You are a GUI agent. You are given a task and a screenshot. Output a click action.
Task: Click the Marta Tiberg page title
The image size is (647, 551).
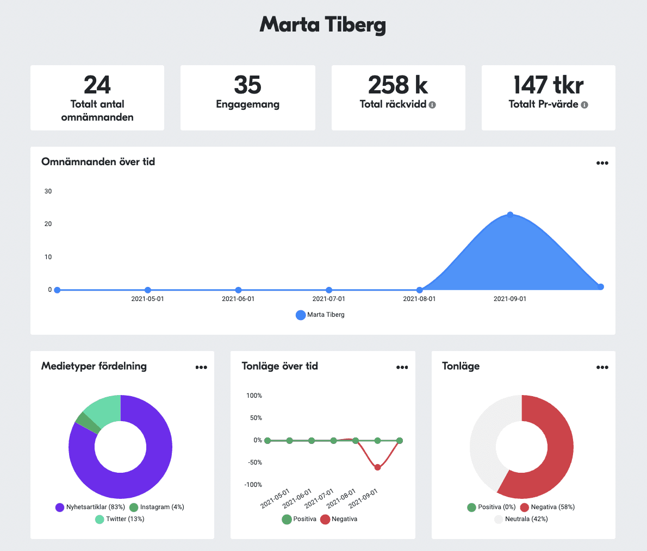click(323, 25)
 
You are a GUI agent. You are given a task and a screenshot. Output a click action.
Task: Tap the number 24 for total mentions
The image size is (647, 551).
click(97, 85)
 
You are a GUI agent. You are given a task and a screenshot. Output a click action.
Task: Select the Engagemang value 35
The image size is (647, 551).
click(247, 85)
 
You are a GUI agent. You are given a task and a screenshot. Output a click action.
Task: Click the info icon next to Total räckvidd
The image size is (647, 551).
click(432, 105)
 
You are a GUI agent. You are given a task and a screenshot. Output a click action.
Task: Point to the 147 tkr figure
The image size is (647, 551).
click(548, 85)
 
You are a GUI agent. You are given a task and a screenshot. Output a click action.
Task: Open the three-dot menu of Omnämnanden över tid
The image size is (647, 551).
click(602, 163)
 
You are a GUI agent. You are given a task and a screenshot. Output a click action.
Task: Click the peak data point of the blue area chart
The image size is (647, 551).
click(510, 215)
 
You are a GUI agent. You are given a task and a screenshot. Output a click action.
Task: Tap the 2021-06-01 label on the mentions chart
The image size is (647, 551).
click(238, 299)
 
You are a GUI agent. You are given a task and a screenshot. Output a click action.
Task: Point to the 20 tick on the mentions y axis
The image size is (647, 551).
click(48, 224)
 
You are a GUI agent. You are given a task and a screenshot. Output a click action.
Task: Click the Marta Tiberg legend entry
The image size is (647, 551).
click(320, 315)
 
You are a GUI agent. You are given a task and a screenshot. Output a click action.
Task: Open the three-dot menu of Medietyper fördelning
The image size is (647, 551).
click(201, 367)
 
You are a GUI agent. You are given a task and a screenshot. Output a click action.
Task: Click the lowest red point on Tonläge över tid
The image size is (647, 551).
click(377, 467)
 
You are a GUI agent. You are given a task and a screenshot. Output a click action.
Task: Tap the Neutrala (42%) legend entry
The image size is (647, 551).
click(521, 519)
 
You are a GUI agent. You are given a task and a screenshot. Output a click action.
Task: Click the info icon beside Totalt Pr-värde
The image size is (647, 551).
click(584, 105)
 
